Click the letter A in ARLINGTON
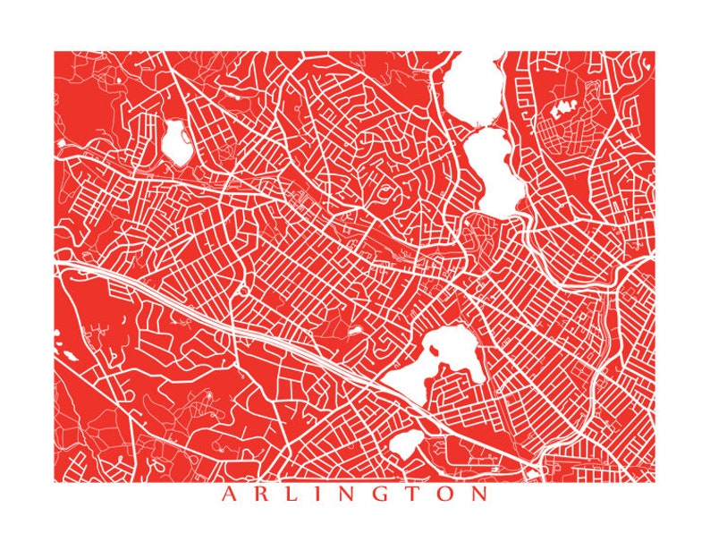228,494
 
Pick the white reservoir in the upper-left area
173,141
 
